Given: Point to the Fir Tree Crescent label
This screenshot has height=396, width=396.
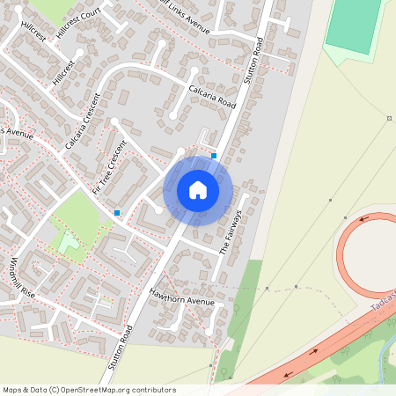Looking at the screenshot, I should (111, 165).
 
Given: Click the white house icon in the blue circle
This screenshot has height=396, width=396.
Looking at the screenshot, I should (198, 190).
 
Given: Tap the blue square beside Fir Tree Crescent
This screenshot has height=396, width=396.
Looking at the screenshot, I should (117, 212).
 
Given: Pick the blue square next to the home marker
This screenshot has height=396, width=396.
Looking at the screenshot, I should (214, 156).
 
